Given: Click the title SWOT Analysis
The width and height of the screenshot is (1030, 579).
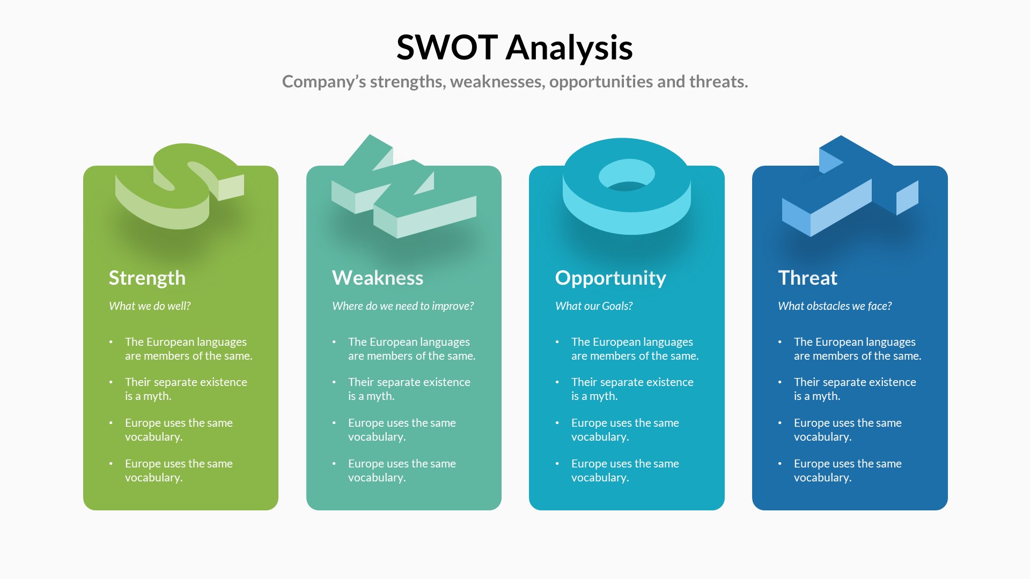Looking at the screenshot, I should coord(514,47).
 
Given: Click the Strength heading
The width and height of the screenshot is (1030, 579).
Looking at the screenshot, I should coord(147,278).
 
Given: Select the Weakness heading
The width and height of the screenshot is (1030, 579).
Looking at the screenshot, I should coord(378,278).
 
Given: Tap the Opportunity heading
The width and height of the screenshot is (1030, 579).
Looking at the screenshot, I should coord(610,278).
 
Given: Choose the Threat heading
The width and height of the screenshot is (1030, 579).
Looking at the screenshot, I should coord(807,278).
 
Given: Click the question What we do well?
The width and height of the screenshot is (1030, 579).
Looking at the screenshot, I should coord(150,306).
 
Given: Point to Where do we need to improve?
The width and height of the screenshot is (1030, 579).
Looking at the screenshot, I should coord(403,306).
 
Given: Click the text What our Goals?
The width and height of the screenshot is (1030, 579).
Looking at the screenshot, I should coord(594,306).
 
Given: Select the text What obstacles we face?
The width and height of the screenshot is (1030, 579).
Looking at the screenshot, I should coord(835,306).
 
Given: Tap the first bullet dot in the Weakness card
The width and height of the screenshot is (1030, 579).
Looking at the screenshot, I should coord(334,342).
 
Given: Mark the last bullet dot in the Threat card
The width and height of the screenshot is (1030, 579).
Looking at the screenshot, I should coord(780,464).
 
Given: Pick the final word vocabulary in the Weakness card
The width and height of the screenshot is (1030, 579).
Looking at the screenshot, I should coord(376,478).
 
